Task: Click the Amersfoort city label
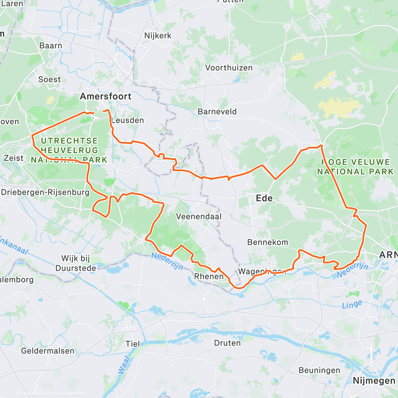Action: click(106, 97)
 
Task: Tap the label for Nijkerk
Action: click(158, 35)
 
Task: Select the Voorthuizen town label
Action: click(229, 68)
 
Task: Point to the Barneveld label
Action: click(217, 111)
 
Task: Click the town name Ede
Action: click(264, 198)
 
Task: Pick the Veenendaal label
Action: click(199, 217)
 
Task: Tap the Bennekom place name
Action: click(268, 242)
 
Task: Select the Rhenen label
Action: click(209, 276)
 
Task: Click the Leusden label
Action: click(128, 120)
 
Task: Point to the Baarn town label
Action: click(51, 45)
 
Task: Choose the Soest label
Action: click(50, 79)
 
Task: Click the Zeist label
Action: click(14, 158)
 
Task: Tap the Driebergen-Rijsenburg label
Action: click(45, 192)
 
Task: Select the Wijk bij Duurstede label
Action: click(76, 263)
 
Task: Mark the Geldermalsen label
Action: click(48, 351)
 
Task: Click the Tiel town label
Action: click(133, 344)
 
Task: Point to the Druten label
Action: click(228, 343)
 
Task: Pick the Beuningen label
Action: click(319, 370)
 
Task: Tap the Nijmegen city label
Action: click(374, 380)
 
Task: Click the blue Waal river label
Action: click(124, 365)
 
